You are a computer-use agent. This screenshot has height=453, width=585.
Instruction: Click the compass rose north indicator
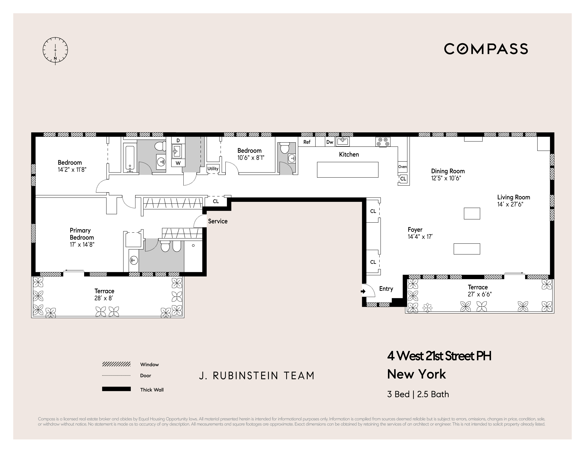(55, 58)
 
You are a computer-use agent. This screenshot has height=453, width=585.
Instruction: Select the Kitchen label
(349, 154)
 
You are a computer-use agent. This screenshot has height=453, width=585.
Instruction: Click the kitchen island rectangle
(347, 170)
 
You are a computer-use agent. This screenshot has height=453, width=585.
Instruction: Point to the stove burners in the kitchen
(383, 142)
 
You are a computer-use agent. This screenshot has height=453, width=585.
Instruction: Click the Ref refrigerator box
(307, 142)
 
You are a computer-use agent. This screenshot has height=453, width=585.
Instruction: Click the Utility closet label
(213, 169)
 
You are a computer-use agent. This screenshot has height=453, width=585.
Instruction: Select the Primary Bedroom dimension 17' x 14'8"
(82, 245)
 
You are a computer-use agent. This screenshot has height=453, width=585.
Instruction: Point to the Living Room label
(513, 197)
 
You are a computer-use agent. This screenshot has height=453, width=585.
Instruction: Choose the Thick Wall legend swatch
(116, 389)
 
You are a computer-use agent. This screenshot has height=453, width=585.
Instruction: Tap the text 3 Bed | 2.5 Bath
(418, 394)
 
